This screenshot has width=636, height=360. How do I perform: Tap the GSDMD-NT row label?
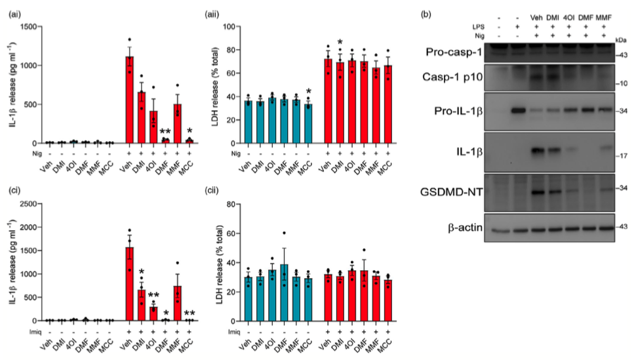pyautogui.click(x=459, y=191)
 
